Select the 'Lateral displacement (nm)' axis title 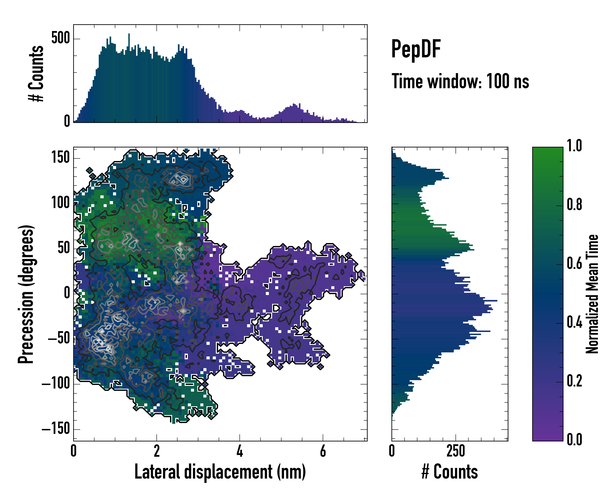click(x=220, y=472)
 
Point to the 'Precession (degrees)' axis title click(x=26, y=294)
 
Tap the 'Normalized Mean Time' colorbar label click(x=592, y=294)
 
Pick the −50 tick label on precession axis click(x=59, y=338)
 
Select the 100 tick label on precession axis click(x=60, y=203)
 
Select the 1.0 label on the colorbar click(x=574, y=146)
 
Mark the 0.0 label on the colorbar click(x=574, y=439)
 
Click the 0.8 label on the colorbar click(x=574, y=205)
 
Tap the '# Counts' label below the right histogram click(x=450, y=472)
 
